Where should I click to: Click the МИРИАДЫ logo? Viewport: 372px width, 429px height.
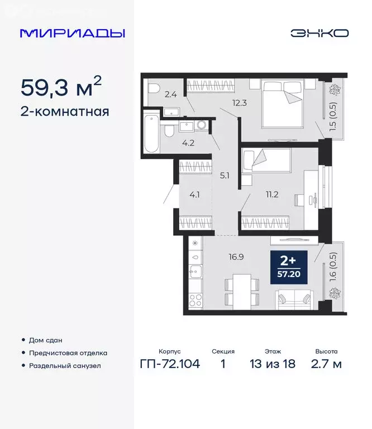click(x=73, y=33)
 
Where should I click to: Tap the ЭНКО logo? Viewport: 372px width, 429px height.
click(x=319, y=33)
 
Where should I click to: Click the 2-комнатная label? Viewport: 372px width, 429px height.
click(x=64, y=111)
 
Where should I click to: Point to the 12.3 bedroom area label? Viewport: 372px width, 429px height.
click(x=225, y=102)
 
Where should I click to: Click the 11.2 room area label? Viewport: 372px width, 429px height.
click(x=272, y=194)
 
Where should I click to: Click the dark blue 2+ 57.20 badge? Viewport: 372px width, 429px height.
click(x=288, y=267)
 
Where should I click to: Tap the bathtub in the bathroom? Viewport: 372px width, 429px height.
click(x=151, y=134)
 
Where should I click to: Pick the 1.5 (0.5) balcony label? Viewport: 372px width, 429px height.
click(x=333, y=117)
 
